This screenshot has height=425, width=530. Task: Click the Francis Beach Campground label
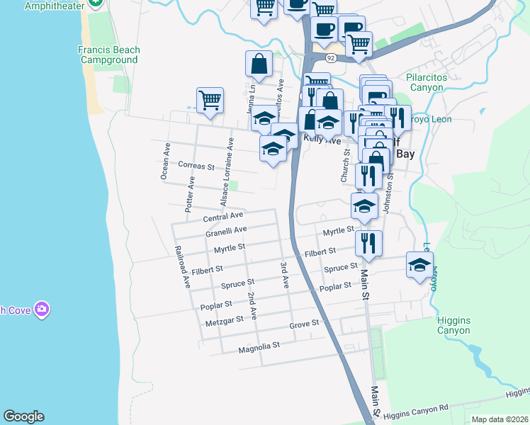tap(108, 55)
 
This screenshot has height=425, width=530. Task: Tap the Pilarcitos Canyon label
tap(435, 83)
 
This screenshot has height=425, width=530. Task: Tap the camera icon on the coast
tap(42, 309)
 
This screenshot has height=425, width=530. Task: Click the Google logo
tap(23, 416)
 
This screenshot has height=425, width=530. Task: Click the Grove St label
tap(305, 324)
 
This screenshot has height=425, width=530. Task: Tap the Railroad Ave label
tap(182, 267)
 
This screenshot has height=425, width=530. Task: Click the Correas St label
tap(196, 166)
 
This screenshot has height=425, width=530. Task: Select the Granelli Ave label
tap(226, 231)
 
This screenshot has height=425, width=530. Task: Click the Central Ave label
tap(223, 216)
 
